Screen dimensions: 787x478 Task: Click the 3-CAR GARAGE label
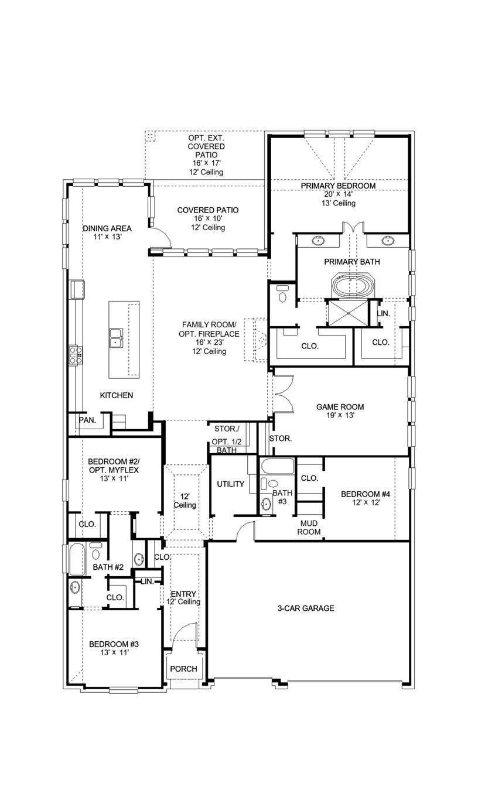click(306, 608)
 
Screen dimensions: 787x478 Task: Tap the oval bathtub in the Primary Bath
click(349, 286)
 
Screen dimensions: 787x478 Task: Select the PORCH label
click(183, 669)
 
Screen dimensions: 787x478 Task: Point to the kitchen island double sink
click(116, 337)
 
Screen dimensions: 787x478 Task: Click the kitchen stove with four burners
click(76, 355)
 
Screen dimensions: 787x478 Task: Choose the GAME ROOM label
click(340, 407)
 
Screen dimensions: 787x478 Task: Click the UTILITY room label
click(230, 484)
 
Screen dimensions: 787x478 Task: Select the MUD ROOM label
click(310, 527)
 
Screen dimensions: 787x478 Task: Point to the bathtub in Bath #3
click(278, 467)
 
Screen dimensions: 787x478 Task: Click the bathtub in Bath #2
click(76, 559)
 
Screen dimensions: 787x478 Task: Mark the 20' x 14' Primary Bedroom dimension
click(338, 194)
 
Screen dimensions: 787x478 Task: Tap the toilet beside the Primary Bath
click(282, 295)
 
